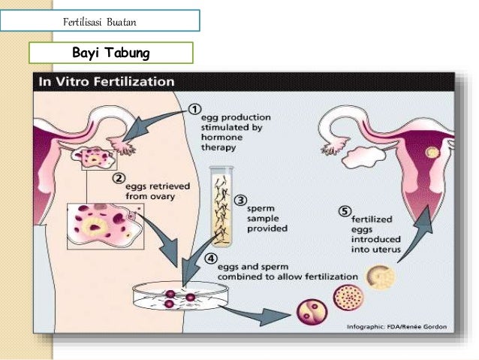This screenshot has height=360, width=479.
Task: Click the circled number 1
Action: tap(194, 110)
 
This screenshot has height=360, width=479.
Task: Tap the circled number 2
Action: tap(118, 179)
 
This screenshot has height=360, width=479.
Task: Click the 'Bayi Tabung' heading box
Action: tap(111, 53)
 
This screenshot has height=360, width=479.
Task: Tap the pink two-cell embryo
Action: tap(311, 311)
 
